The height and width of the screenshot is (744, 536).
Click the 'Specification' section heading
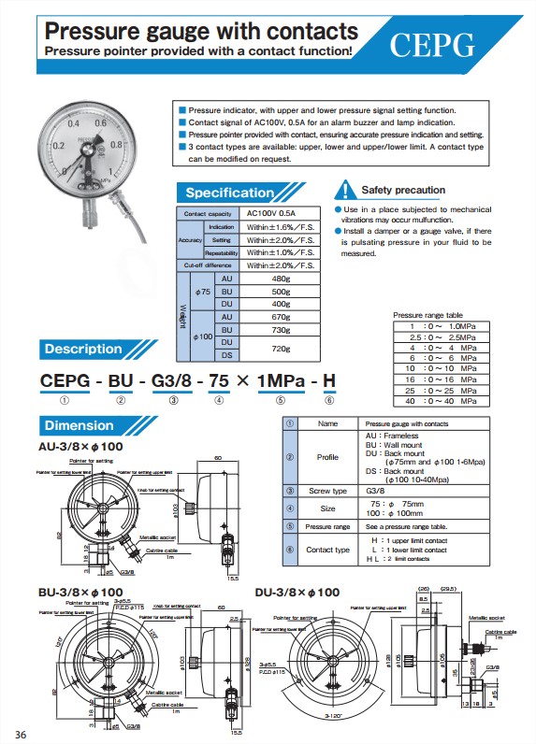[229, 193]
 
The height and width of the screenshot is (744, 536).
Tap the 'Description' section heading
[83, 350]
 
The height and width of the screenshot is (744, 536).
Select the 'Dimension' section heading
[80, 426]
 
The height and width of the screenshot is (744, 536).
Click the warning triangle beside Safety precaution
[346, 190]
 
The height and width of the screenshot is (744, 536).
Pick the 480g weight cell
[279, 279]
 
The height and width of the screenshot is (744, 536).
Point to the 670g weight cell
[279, 318]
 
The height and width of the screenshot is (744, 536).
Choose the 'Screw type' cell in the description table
[327, 491]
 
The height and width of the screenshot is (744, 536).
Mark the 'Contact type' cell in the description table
[327, 550]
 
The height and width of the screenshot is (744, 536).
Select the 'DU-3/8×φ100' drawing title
[297, 593]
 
